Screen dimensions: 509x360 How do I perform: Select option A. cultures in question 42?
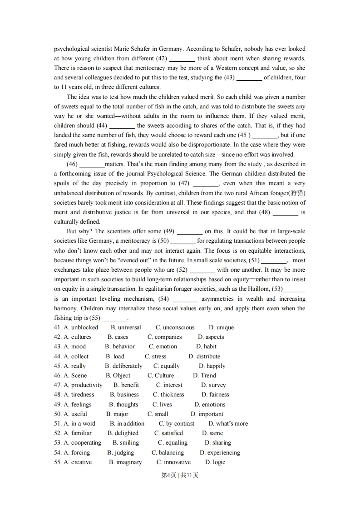(x=78, y=337)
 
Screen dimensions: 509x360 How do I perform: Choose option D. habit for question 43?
(x=207, y=347)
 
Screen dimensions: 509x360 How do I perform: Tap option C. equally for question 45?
(x=167, y=366)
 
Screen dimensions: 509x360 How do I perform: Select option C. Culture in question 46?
(x=161, y=376)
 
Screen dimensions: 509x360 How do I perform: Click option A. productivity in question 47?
(x=83, y=385)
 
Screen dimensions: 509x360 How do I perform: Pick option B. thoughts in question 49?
(x=123, y=405)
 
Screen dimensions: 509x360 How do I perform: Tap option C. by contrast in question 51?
(x=177, y=424)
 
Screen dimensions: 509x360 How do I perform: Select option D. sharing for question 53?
(x=218, y=443)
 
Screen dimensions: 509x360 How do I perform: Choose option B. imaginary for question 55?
(x=125, y=462)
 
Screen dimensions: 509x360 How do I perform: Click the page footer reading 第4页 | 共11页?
(x=180, y=475)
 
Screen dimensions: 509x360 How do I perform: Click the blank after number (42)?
(x=182, y=59)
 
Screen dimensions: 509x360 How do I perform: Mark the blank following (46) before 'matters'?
(x=92, y=164)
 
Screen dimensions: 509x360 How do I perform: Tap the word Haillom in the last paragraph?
(x=258, y=289)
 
